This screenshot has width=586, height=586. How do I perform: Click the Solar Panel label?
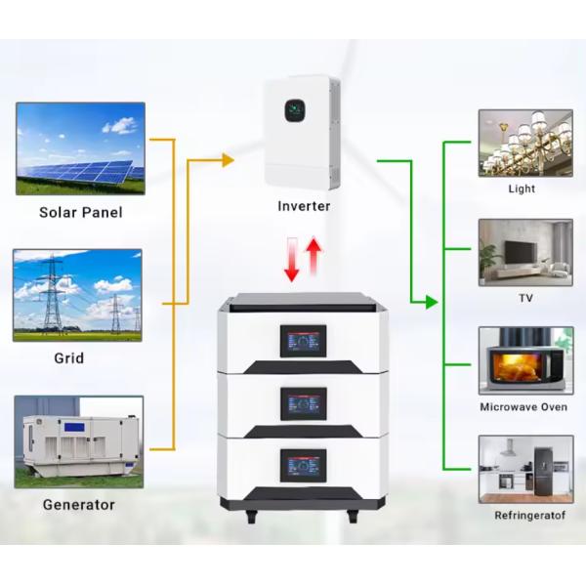[x=80, y=211]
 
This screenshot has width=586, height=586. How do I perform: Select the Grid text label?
[x=68, y=358]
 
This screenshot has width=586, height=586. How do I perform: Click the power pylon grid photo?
[x=77, y=295]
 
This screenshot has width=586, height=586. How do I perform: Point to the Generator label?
[x=78, y=505]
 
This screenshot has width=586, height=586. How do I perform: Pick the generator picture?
[x=78, y=441]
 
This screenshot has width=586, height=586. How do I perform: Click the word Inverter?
[x=304, y=206]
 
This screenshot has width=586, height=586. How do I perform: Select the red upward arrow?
[x=314, y=257]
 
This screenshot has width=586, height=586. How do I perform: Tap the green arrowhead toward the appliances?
[x=430, y=303]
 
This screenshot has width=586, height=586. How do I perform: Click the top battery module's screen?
[x=303, y=341]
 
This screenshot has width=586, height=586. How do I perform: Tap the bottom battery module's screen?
[x=303, y=463]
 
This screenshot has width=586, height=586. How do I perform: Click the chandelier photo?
[x=524, y=143]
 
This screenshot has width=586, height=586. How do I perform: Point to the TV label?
[x=525, y=298]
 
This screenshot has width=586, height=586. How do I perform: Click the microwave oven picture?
[x=524, y=360]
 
